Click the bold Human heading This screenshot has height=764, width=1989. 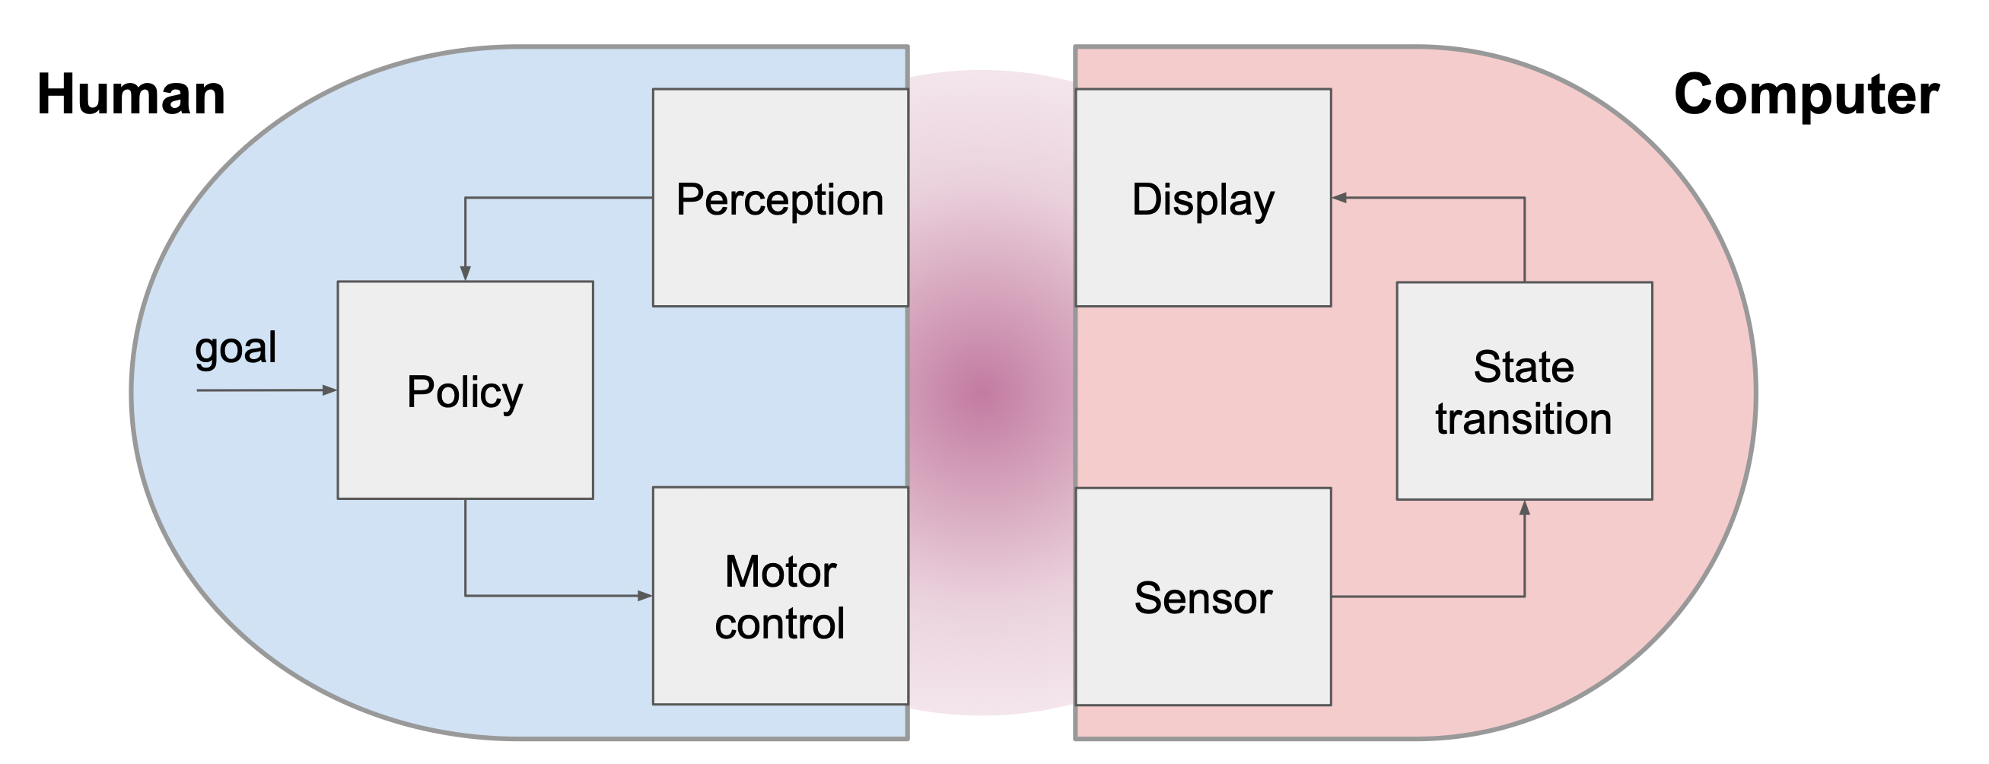[x=132, y=95]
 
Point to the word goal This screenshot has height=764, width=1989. [x=235, y=348]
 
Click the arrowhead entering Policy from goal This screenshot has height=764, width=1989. [x=329, y=391]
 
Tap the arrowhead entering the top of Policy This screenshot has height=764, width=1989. [x=465, y=273]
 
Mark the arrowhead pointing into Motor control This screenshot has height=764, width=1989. [x=644, y=596]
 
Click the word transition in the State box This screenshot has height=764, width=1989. [x=1523, y=419]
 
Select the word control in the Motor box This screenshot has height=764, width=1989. [x=780, y=623]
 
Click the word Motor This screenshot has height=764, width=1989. [x=780, y=571]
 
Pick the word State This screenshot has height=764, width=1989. [x=1523, y=366]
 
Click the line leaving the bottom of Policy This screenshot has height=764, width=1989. [x=465, y=549]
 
